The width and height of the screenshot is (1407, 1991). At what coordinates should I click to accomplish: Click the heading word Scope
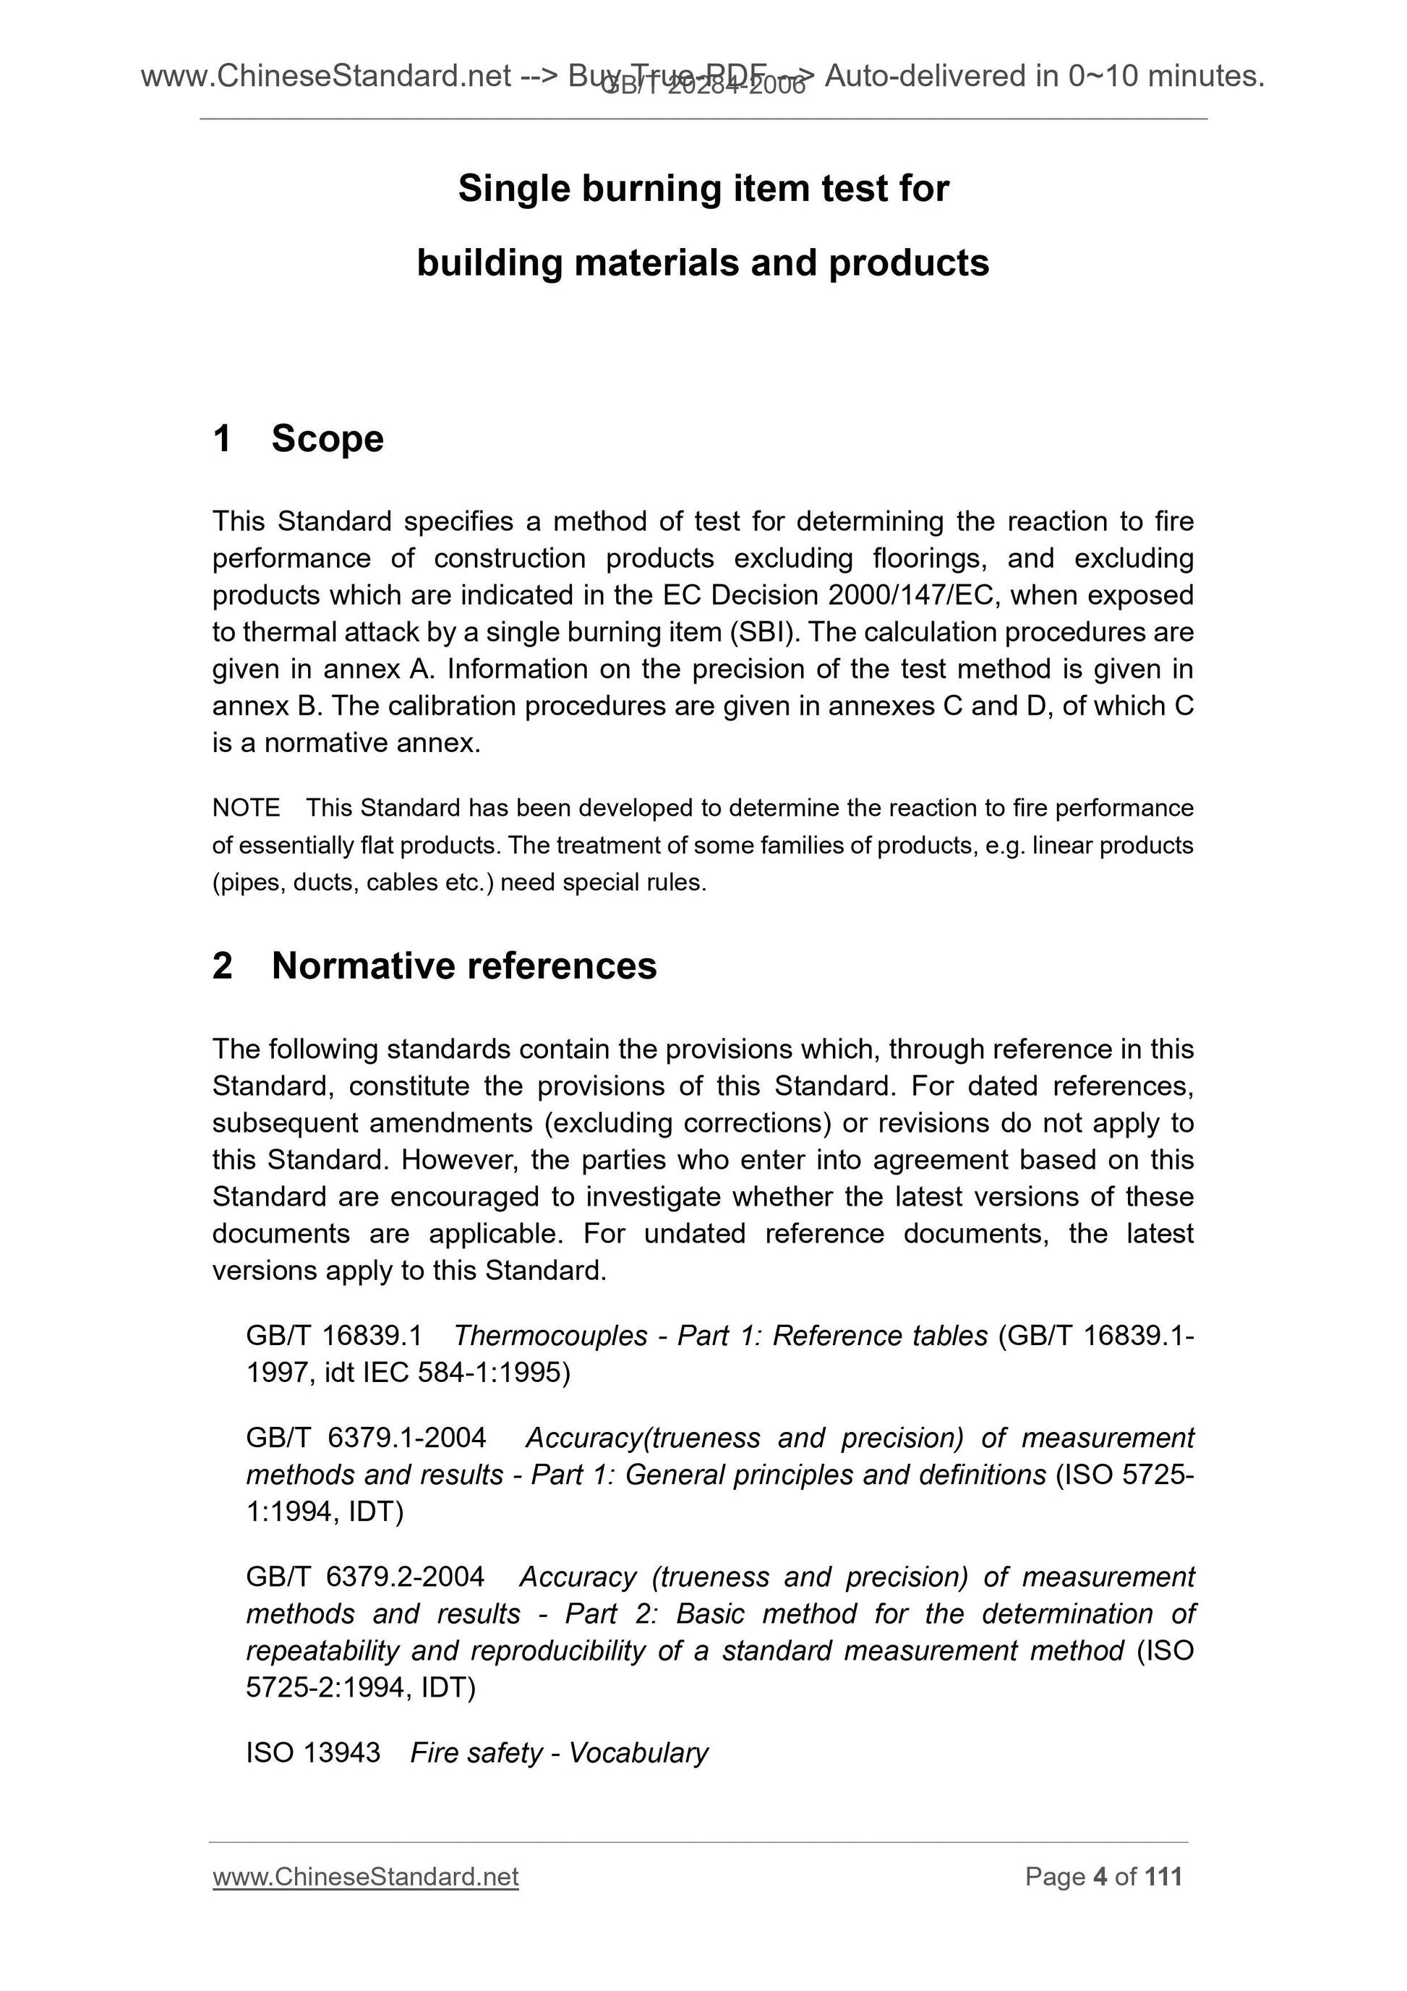coord(327,439)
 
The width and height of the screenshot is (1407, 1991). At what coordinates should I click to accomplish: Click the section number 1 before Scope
coord(222,439)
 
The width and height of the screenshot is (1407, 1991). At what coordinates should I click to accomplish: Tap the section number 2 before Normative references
coord(222,966)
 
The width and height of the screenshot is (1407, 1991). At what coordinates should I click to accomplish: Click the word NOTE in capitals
coord(247,809)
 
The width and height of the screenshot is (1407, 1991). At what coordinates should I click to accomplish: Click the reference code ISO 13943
coord(313,1752)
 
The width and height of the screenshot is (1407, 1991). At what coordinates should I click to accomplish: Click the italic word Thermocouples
coord(549,1336)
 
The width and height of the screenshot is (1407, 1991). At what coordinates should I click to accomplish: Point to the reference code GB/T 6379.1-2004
coord(366,1438)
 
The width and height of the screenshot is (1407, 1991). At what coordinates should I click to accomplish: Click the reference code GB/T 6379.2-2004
coord(365,1577)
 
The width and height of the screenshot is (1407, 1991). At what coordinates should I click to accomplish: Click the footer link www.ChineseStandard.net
coord(365,1877)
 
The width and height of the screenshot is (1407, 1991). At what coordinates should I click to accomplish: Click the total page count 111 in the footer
coord(1163,1877)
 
